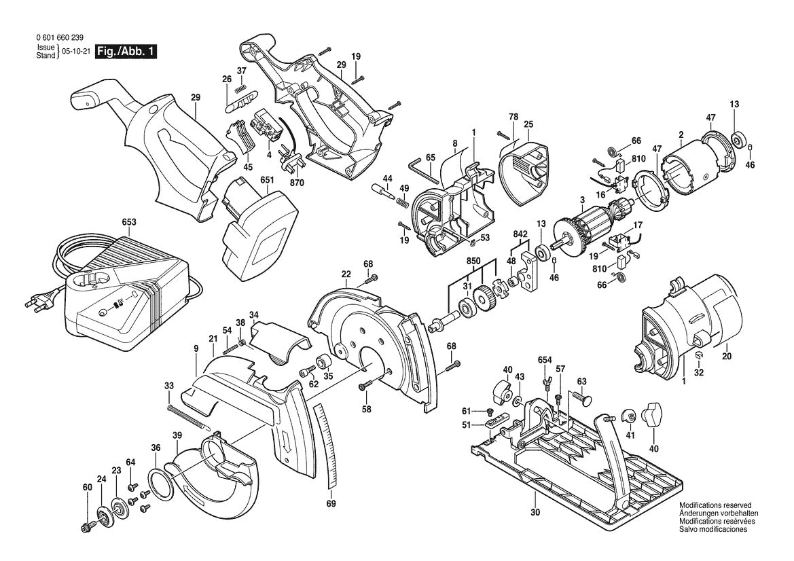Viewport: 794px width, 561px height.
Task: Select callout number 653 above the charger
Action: point(128,222)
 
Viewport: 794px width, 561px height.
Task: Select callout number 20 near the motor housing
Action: point(726,356)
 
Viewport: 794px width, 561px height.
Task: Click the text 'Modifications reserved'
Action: point(715,506)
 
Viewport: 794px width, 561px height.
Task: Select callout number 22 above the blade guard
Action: point(346,274)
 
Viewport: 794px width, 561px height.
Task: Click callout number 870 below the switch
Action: point(297,183)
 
